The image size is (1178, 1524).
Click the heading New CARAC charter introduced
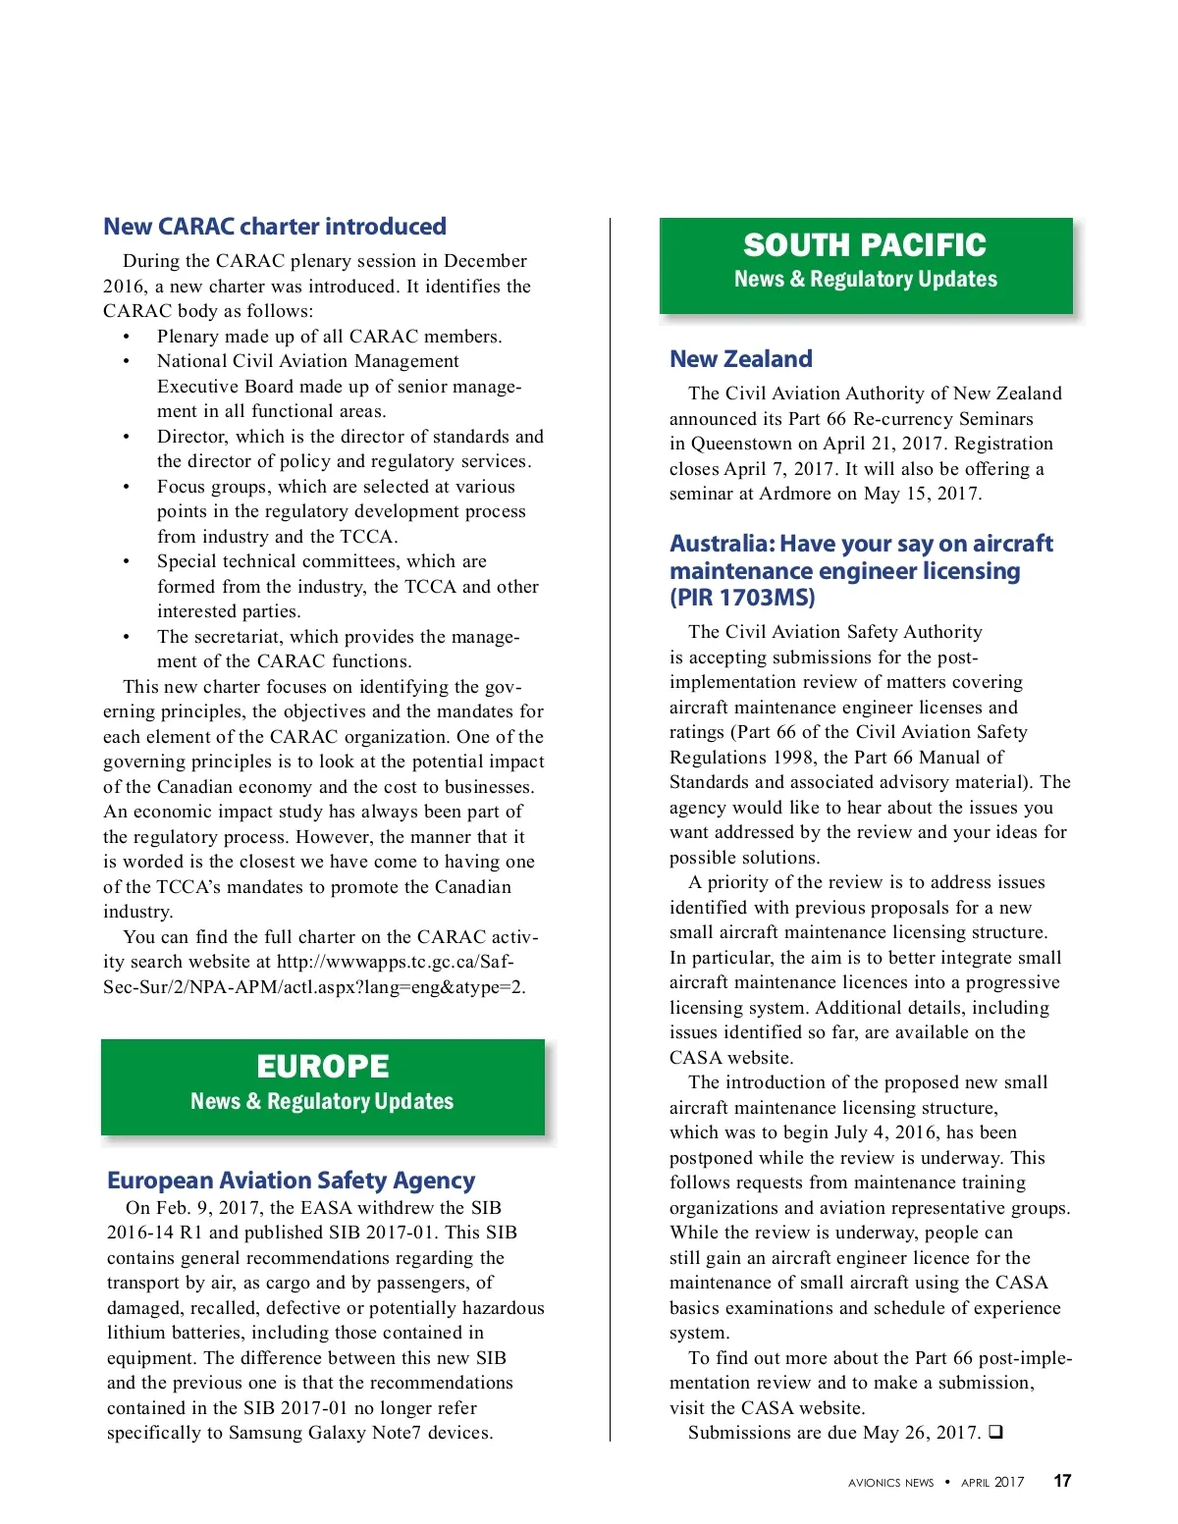tap(275, 227)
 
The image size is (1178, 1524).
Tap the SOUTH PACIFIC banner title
tap(865, 245)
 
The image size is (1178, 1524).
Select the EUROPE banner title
tap(323, 1067)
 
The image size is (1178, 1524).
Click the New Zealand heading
tap(741, 359)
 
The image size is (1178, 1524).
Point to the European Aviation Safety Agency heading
tap(291, 1181)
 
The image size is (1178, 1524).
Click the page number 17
tap(1062, 1481)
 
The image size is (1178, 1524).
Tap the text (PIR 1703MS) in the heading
tap(742, 598)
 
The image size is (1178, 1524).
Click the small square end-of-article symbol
tap(995, 1432)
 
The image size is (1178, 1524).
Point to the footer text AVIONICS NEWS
tap(890, 1483)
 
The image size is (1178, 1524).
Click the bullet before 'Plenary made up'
tap(127, 337)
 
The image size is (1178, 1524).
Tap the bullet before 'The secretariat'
tap(127, 637)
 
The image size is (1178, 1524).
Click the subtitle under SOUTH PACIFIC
tap(865, 280)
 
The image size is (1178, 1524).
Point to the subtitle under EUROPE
tap(322, 1101)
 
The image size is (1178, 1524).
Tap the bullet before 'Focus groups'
tap(127, 487)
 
